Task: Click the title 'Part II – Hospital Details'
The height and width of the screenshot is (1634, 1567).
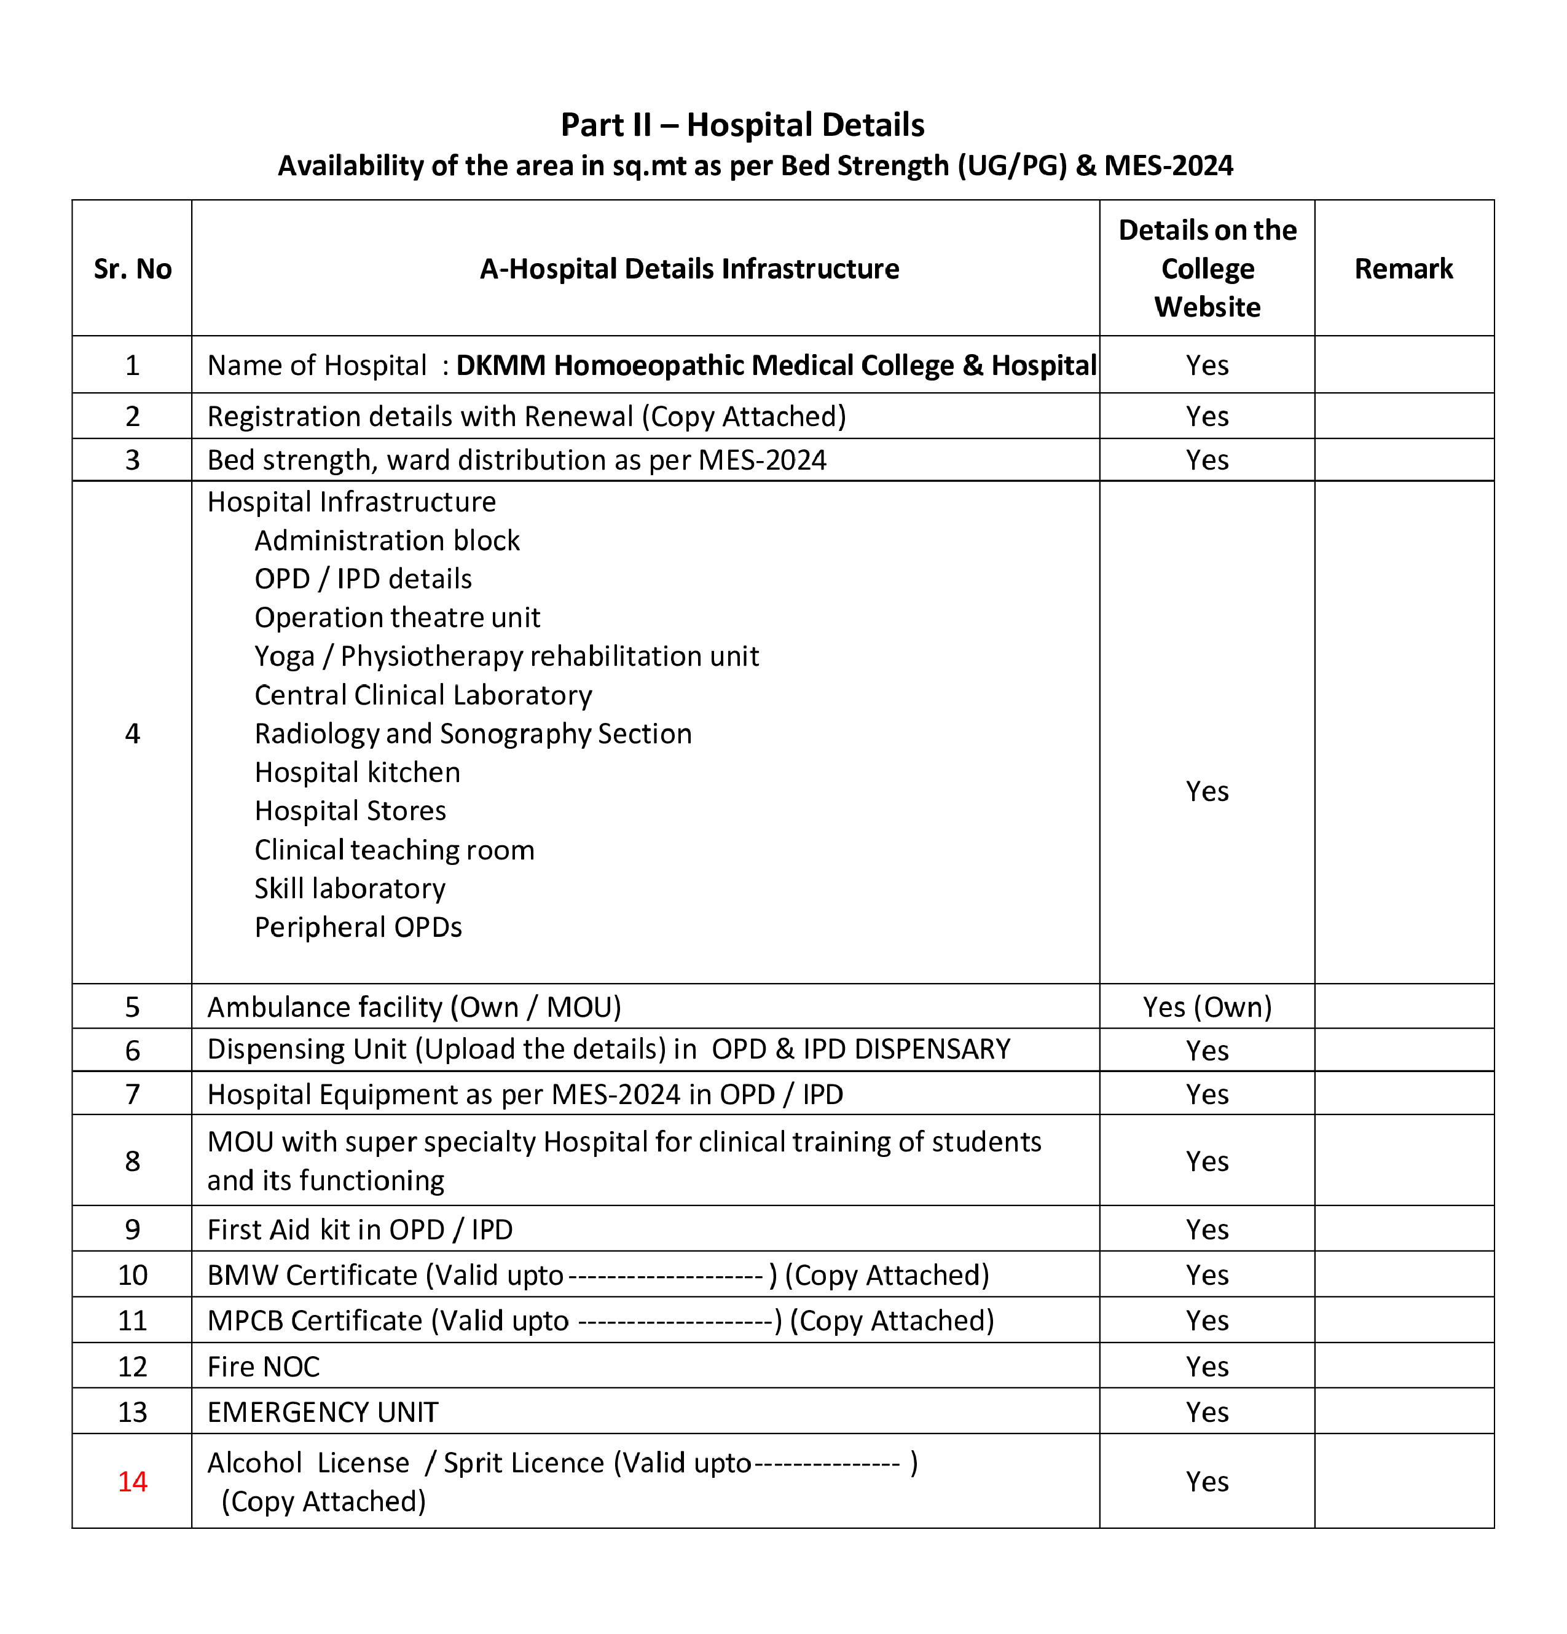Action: click(742, 125)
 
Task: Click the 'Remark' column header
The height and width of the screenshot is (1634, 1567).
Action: click(1403, 269)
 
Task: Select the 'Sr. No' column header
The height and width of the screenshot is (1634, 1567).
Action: click(133, 269)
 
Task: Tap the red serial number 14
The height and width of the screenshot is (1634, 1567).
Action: click(133, 1482)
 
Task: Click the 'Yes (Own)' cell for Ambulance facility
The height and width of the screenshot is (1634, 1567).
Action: click(1207, 1007)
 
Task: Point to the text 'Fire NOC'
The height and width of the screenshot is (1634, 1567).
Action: click(264, 1367)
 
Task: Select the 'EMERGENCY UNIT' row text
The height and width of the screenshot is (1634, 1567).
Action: click(323, 1412)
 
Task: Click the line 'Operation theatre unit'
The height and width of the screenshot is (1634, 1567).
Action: click(397, 618)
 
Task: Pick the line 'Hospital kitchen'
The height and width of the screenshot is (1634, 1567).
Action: click(357, 773)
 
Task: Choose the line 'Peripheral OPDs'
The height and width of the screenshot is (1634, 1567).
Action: click(358, 928)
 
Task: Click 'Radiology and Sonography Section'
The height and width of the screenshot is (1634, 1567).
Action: click(473, 733)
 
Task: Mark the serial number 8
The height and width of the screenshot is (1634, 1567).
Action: click(133, 1161)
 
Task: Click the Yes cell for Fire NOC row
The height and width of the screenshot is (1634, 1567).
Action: click(1207, 1367)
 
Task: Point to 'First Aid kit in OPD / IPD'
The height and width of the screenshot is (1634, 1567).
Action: click(359, 1229)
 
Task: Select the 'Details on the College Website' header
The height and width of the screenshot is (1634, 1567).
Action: click(1207, 269)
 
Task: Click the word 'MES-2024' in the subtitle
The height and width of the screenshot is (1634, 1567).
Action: click(1168, 166)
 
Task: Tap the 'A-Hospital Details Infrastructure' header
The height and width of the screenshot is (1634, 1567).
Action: click(689, 269)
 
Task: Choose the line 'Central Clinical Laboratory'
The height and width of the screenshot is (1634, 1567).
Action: click(423, 695)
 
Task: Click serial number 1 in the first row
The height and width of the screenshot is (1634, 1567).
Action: click(133, 365)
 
